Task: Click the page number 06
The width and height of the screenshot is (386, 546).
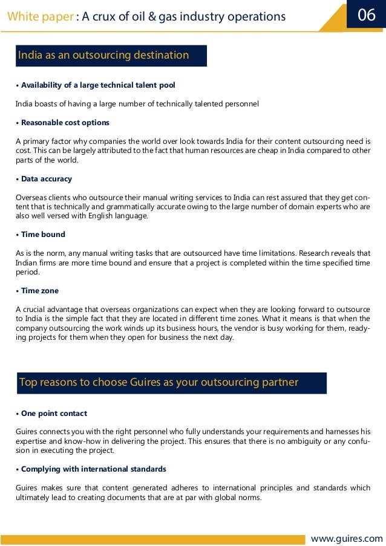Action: pyautogui.click(x=367, y=15)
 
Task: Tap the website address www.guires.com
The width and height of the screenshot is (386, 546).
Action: pyautogui.click(x=347, y=538)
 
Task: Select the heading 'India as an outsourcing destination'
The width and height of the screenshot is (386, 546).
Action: pyautogui.click(x=103, y=56)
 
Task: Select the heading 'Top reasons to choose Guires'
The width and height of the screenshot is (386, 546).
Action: pyautogui.click(x=159, y=382)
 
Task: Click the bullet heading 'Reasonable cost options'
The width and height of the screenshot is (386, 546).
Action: pyautogui.click(x=65, y=123)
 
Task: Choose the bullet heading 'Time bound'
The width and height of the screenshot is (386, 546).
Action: pyautogui.click(x=43, y=235)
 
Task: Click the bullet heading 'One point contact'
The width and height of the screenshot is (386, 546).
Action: pyautogui.click(x=54, y=414)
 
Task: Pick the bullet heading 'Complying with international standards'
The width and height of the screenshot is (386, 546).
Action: pyautogui.click(x=93, y=469)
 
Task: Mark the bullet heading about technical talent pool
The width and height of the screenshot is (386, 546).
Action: pyautogui.click(x=98, y=85)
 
